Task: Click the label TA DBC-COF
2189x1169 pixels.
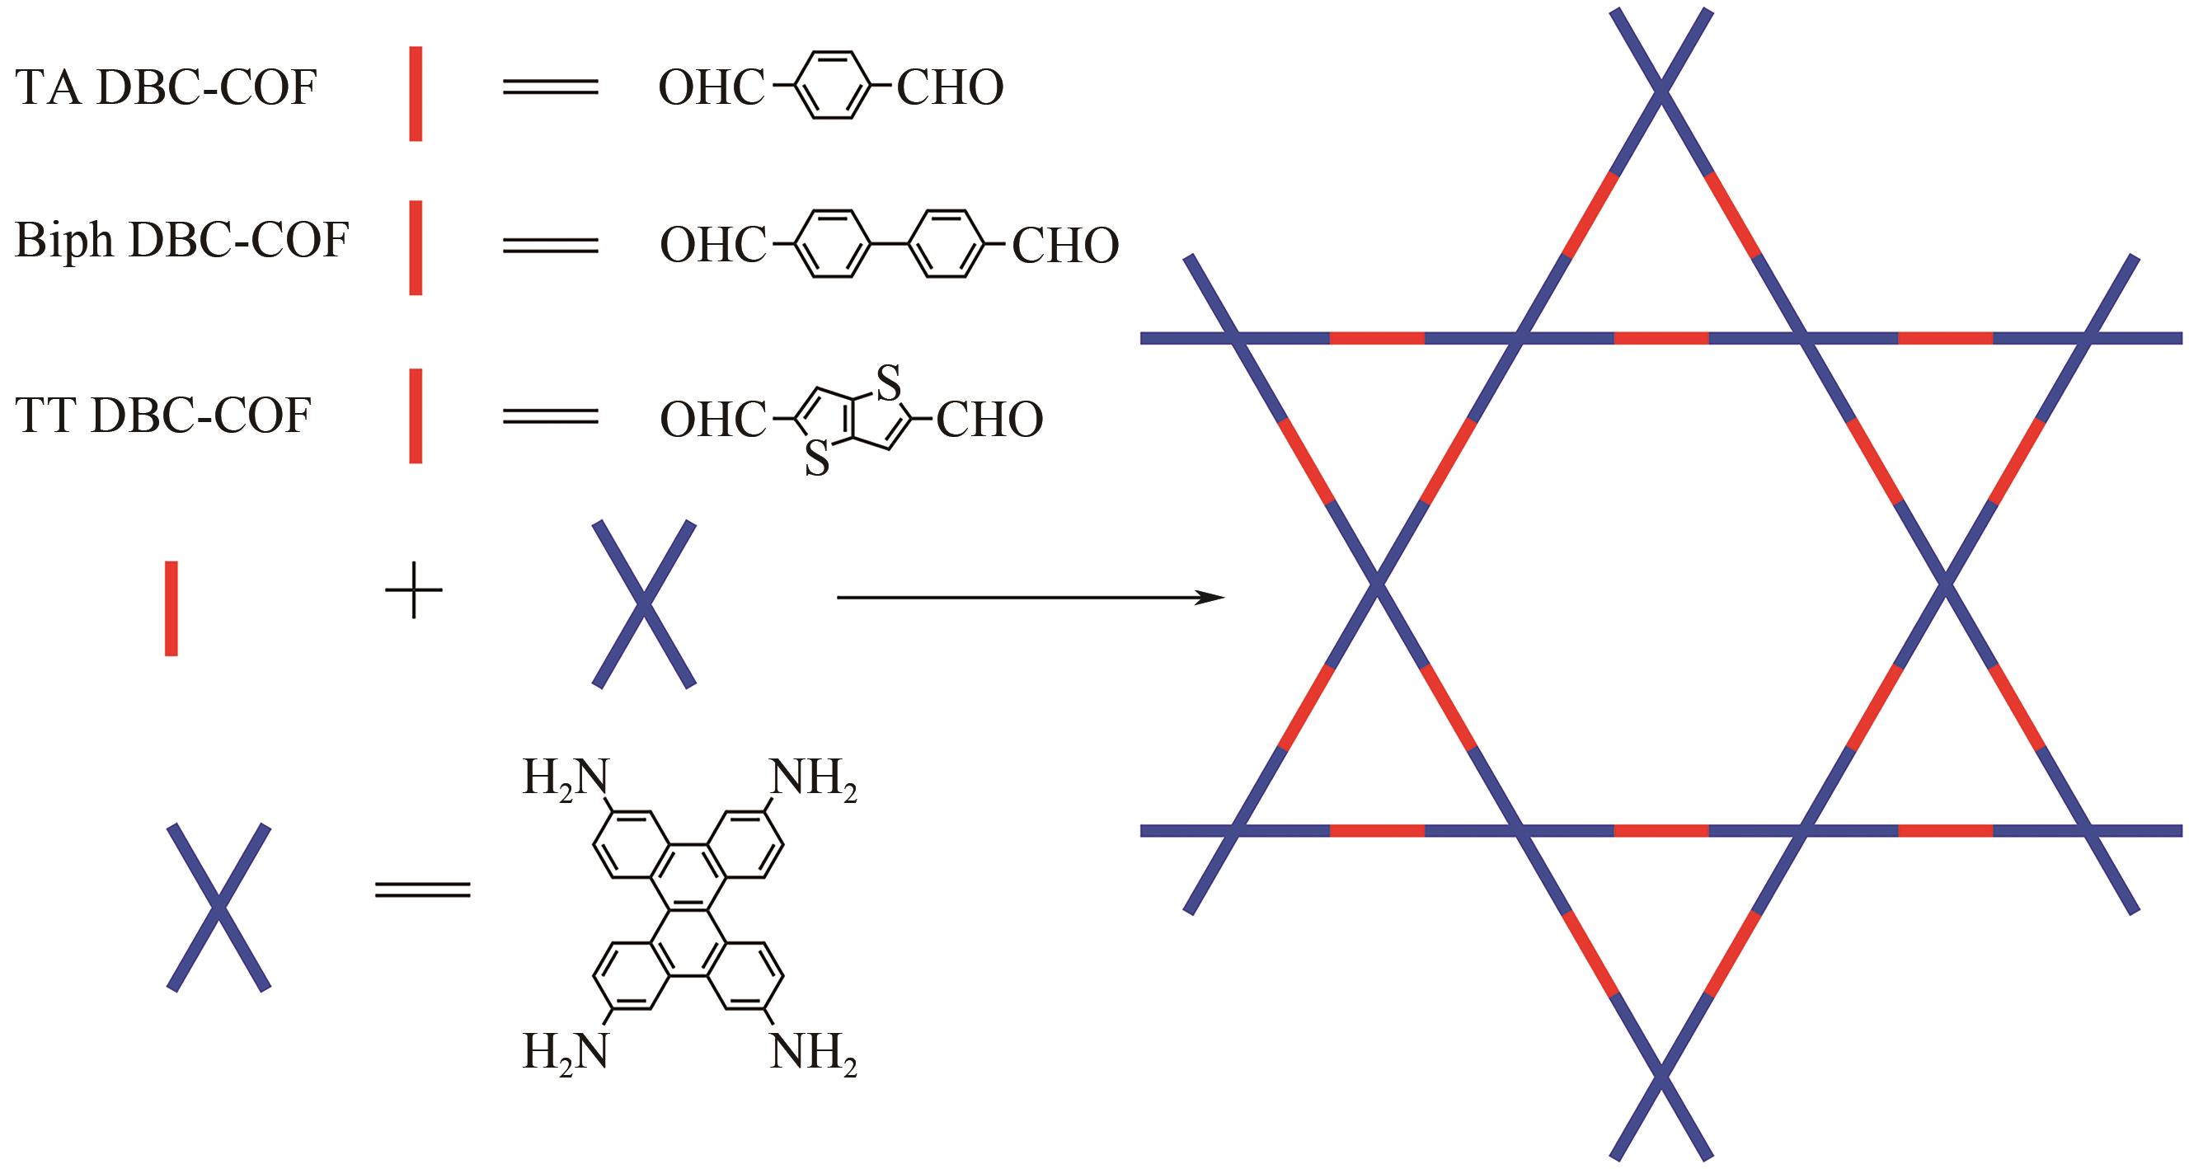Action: tap(166, 87)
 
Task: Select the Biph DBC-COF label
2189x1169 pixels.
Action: tap(182, 241)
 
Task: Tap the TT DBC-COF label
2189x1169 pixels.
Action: tap(163, 415)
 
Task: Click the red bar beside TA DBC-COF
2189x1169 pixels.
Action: tap(416, 93)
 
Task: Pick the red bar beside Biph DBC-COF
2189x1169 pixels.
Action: tap(416, 248)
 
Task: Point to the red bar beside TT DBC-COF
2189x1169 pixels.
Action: tap(416, 415)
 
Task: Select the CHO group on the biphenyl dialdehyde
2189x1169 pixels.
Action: tap(1064, 246)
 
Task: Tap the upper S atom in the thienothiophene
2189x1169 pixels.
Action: tap(887, 384)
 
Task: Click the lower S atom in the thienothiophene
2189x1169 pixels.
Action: tap(816, 460)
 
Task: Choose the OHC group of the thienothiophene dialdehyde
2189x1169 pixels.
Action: tap(712, 420)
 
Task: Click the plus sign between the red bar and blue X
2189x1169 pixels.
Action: tap(414, 589)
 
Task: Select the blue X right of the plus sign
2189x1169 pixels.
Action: tap(644, 604)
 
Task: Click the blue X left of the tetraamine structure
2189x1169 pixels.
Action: tap(219, 907)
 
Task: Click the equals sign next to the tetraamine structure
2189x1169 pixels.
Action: tap(422, 889)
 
